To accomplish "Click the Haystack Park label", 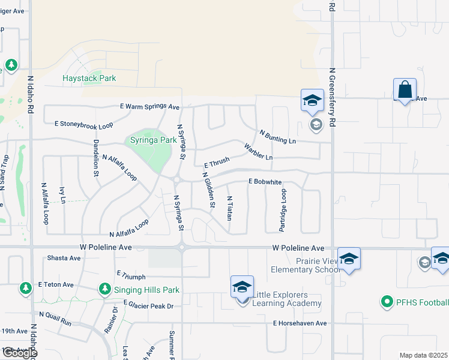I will click(x=89, y=78).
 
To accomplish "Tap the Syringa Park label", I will click(x=154, y=140).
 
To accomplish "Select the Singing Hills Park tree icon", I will click(x=105, y=289).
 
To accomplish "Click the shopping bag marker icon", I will click(x=405, y=90).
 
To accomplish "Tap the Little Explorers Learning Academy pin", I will click(x=242, y=286).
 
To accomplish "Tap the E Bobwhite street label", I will click(x=265, y=181).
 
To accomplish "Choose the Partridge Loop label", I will click(x=283, y=211).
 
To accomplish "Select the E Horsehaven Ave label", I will click(x=300, y=323).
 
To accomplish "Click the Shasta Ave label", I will click(x=64, y=258).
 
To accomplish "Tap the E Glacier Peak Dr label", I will click(x=148, y=305).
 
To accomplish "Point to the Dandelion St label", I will click(x=95, y=158).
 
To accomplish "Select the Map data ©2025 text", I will click(x=423, y=355).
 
